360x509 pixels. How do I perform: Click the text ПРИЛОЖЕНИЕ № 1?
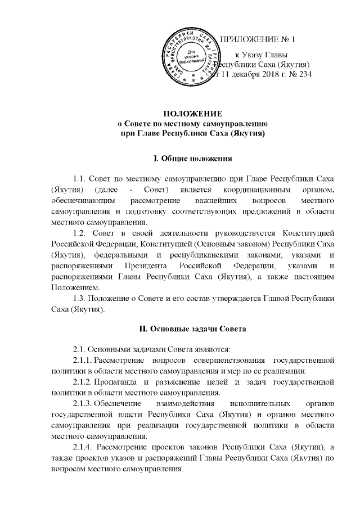tap(260, 39)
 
